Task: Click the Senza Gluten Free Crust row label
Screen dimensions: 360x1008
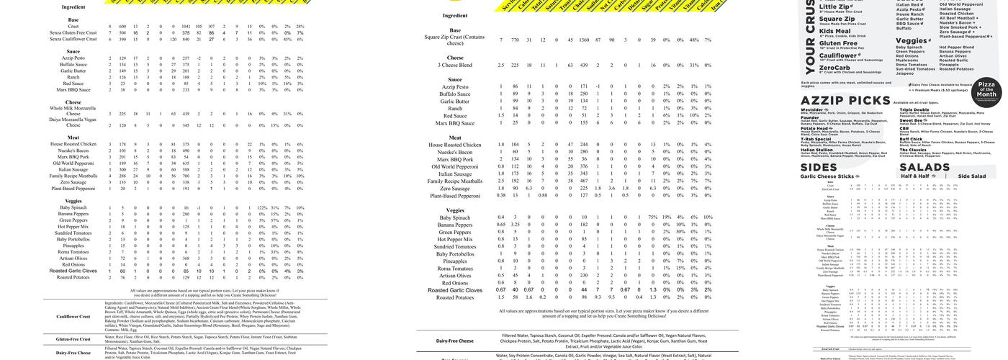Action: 73,32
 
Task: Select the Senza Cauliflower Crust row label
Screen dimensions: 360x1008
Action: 73,39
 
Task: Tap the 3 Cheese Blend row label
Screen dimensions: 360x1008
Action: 455,65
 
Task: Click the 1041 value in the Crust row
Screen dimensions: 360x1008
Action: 186,26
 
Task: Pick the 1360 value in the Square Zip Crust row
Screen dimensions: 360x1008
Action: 585,40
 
